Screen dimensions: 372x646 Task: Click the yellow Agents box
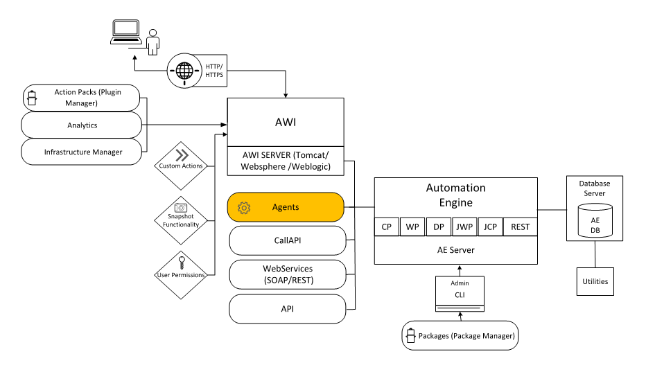point(286,207)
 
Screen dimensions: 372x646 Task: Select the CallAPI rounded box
point(287,240)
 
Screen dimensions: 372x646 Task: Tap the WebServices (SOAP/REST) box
point(287,274)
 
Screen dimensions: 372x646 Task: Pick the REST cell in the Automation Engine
point(520,227)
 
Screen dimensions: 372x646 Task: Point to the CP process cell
point(386,227)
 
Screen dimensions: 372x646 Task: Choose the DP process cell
point(438,227)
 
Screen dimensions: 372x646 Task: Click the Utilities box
point(595,281)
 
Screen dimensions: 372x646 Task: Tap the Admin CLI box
point(459,294)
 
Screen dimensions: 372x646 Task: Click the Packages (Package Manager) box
point(460,337)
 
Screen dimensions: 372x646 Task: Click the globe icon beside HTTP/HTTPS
point(184,71)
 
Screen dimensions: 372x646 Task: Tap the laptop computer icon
point(125,33)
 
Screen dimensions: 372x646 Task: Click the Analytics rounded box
point(82,125)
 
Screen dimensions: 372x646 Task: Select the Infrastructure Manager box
point(82,152)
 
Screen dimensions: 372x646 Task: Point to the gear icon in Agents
point(243,207)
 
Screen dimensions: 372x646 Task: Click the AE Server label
point(455,250)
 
